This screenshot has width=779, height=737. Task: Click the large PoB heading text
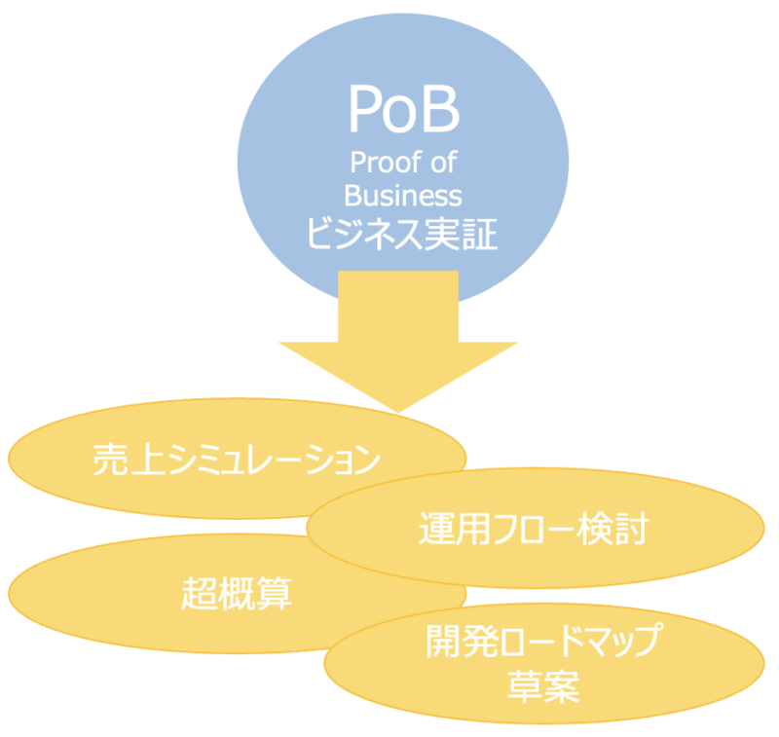402,109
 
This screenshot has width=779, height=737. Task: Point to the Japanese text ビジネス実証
402,235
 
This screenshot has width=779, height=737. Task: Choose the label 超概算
237,592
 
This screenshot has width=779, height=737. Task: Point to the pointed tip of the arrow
397,409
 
